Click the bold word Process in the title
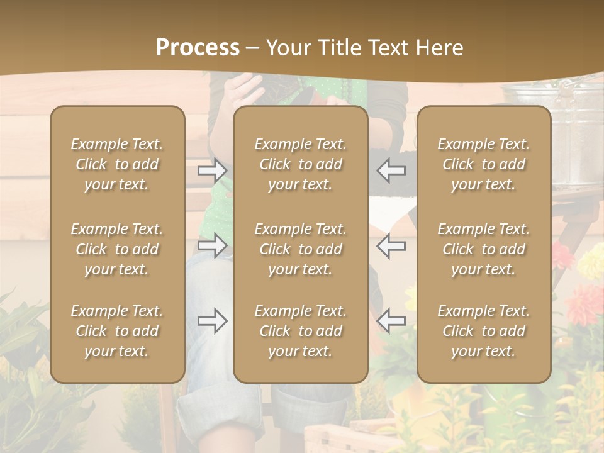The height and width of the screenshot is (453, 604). tap(198, 48)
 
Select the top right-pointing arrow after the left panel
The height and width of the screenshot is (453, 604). tap(212, 171)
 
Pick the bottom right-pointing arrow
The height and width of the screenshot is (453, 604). tap(212, 321)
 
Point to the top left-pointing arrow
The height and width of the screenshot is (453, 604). tap(391, 171)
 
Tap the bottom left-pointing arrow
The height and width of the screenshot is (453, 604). tap(391, 321)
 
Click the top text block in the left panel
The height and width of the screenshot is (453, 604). tap(117, 164)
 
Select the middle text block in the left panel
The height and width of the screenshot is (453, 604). tap(117, 249)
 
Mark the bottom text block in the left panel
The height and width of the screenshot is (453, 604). tap(117, 331)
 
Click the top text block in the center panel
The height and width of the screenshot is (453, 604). tap(300, 164)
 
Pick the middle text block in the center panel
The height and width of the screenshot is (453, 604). tap(300, 249)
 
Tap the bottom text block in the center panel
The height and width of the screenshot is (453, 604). tap(300, 331)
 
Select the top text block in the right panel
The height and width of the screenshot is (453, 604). tap(483, 164)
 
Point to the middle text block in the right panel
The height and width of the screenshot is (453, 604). tap(483, 249)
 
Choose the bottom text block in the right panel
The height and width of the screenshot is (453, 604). tap(483, 331)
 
